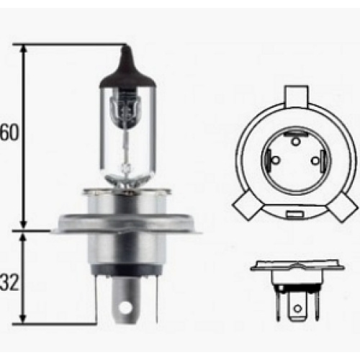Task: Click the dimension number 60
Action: (9, 132)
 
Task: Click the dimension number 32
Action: (9, 283)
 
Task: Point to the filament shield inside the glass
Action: (124, 107)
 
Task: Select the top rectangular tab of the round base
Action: (296, 96)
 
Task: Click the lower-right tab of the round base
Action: (343, 207)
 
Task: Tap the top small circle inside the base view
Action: (296, 141)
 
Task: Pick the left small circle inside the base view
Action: (276, 160)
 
